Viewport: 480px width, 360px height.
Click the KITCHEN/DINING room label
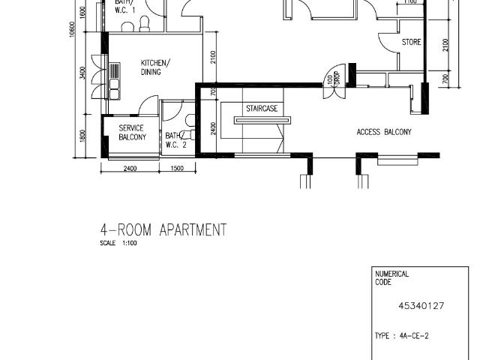tap(155, 67)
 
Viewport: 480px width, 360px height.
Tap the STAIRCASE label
tap(262, 109)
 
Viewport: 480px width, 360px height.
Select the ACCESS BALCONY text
tap(383, 132)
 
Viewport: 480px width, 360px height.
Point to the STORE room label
tap(411, 42)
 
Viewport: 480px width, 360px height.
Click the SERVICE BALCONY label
tap(131, 133)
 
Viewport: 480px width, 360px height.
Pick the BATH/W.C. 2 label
tap(173, 140)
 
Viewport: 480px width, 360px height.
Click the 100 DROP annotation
tap(330, 78)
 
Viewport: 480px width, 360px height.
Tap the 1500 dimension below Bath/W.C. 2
tap(178, 169)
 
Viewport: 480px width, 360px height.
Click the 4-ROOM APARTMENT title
tap(163, 229)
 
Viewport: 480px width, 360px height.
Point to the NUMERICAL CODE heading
tap(391, 278)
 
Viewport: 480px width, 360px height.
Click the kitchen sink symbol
tap(115, 79)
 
